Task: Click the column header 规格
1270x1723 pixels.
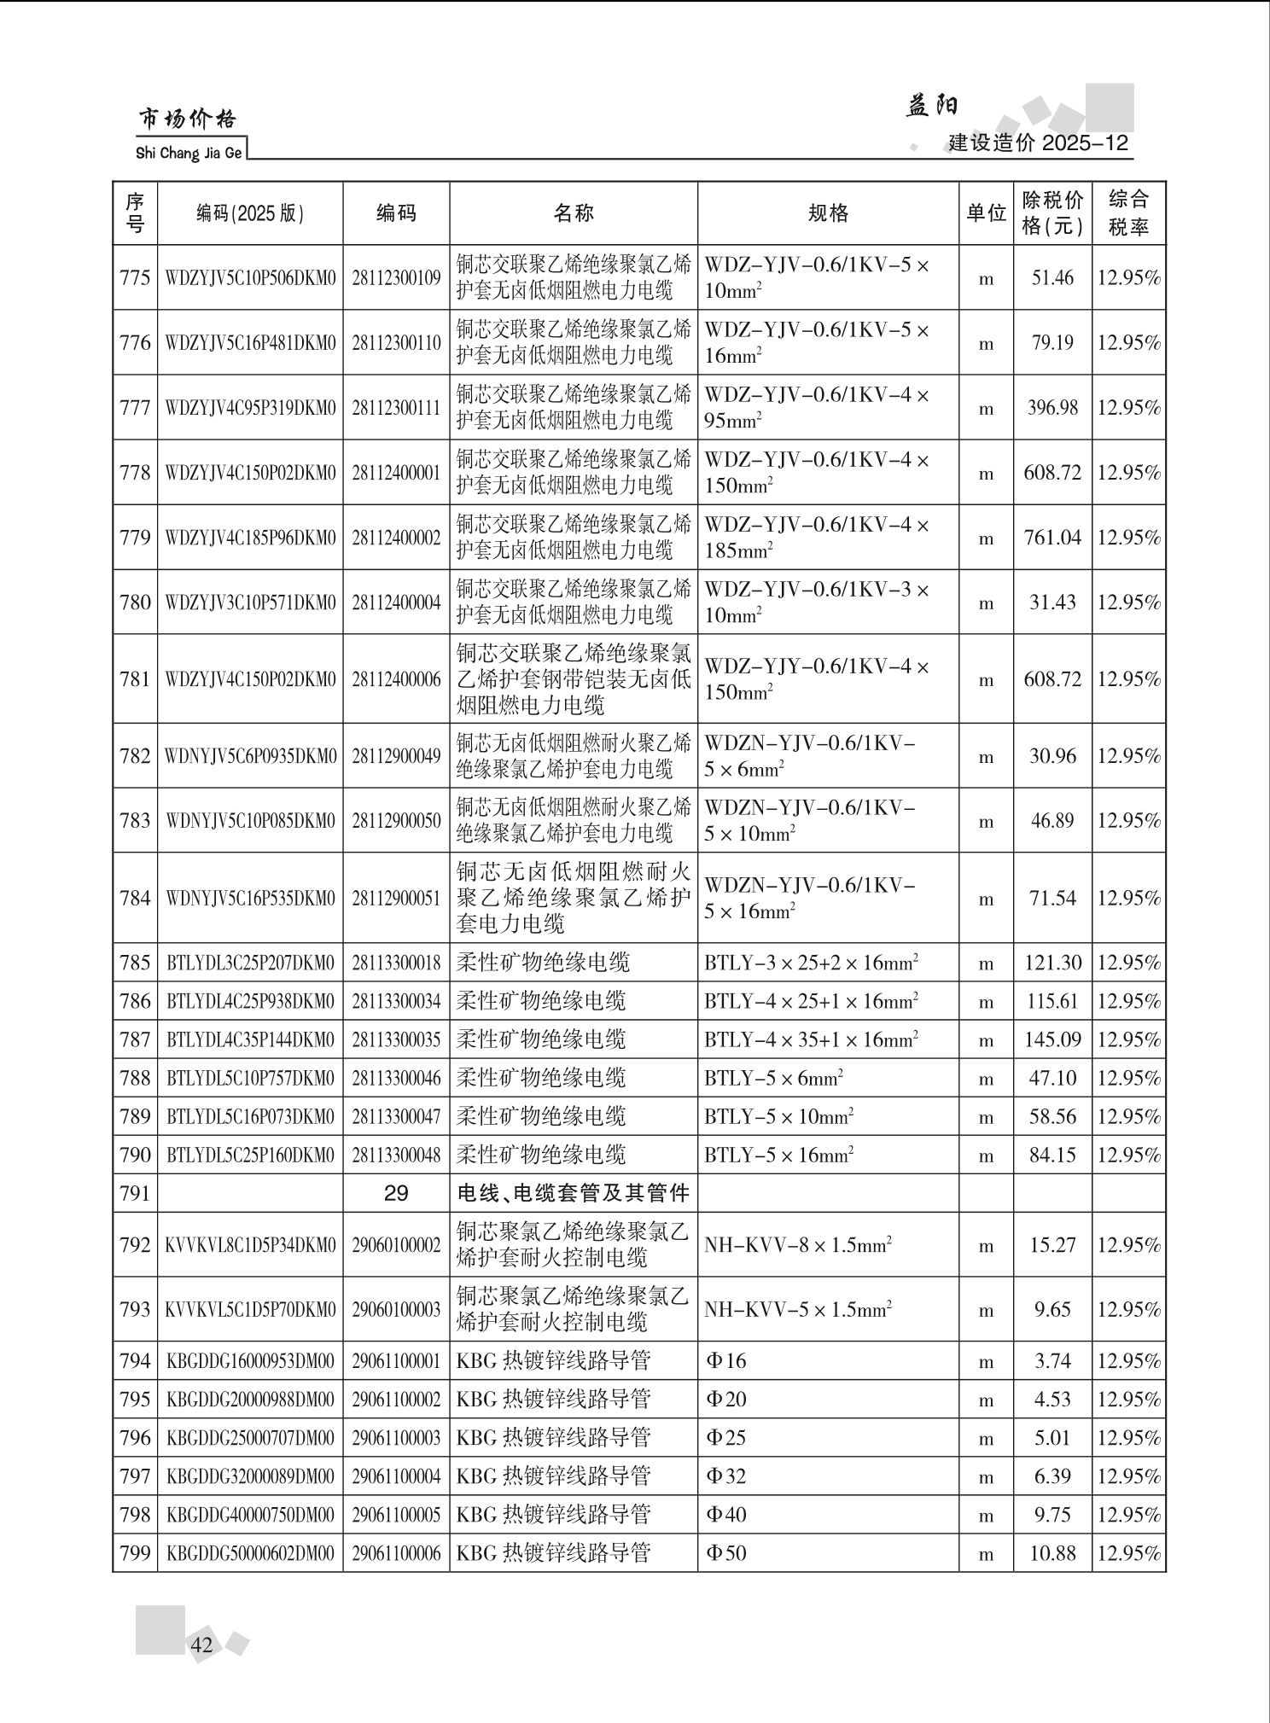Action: coord(828,213)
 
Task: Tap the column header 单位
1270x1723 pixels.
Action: coord(986,213)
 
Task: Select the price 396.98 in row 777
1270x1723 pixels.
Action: coord(1052,408)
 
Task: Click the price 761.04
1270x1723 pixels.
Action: coord(1052,538)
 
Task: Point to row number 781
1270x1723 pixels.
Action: coord(136,679)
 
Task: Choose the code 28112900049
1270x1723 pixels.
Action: coord(396,756)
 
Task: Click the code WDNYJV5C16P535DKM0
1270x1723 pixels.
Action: coord(250,899)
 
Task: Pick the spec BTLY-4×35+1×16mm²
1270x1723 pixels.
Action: coord(811,1039)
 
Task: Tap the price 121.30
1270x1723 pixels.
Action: coord(1052,963)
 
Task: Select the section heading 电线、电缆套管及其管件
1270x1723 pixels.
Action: coord(573,1193)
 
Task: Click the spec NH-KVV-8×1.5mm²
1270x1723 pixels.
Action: coord(798,1245)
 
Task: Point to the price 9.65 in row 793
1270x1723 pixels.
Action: coord(1052,1309)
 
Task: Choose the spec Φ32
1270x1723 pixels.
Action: coord(725,1476)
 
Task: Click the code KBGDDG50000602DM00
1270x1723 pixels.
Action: coord(250,1553)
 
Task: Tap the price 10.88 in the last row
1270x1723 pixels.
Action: coord(1052,1553)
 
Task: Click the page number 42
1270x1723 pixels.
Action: coord(202,1645)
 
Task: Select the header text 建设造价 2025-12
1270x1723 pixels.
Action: coord(1038,143)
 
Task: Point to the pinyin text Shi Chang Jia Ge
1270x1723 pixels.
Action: coord(189,154)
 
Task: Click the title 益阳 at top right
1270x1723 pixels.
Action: coord(932,106)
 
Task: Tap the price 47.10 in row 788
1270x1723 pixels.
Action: coord(1052,1078)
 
